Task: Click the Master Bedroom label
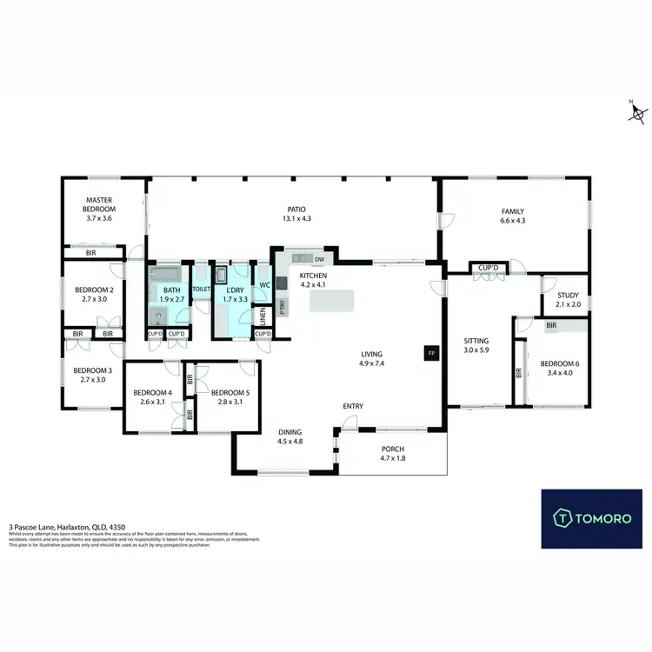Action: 99,210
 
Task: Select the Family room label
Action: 513,216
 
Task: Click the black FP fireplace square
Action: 429,353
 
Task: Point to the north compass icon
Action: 638,112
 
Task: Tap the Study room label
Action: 567,300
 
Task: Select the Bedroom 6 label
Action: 556,369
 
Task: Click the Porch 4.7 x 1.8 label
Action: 393,455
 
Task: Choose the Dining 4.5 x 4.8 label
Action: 289,436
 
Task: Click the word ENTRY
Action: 353,406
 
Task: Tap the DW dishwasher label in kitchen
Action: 320,259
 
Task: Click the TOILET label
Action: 201,288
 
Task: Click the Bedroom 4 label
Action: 150,396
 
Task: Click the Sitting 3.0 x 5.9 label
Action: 476,346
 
